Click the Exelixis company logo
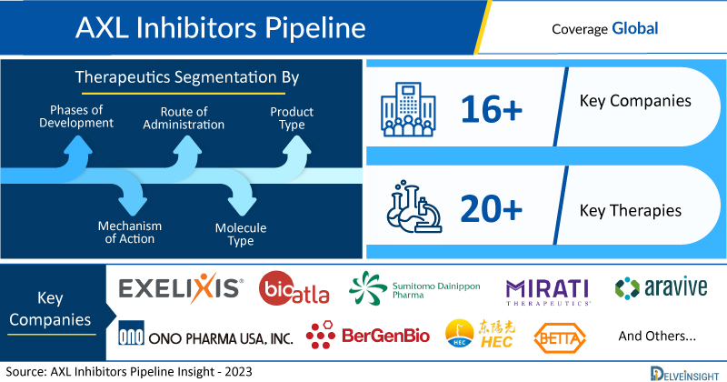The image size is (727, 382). pos(181,289)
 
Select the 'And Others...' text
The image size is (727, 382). pos(656,336)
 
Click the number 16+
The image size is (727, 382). pos(491,110)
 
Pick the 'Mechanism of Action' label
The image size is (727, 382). pos(129,232)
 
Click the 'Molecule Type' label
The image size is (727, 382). pos(245,235)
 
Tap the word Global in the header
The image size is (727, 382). pos(634,28)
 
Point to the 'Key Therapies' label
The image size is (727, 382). pos(630,211)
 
